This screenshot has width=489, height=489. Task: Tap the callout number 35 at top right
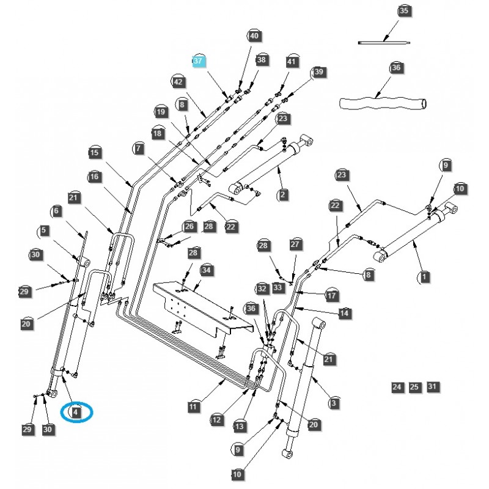click(x=403, y=11)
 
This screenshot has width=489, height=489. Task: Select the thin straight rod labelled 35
click(x=384, y=42)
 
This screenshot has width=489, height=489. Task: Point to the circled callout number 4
click(x=76, y=413)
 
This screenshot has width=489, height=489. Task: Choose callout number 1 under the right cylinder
click(x=424, y=277)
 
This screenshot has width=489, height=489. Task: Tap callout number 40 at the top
click(x=254, y=36)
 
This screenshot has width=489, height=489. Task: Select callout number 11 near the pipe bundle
click(x=194, y=406)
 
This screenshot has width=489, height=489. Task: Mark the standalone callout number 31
click(x=433, y=387)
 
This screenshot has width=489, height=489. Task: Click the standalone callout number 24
click(x=397, y=387)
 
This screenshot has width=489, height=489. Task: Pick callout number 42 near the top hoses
click(x=178, y=81)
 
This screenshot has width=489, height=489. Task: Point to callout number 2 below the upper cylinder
click(x=283, y=195)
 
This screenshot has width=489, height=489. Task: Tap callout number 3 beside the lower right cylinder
click(x=334, y=403)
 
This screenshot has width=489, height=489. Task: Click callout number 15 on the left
click(x=94, y=153)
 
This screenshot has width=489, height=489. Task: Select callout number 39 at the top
click(x=318, y=72)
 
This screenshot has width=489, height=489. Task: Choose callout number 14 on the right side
click(x=345, y=312)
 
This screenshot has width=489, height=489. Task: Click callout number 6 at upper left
click(x=57, y=211)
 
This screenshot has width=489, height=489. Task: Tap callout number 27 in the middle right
click(x=296, y=244)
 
